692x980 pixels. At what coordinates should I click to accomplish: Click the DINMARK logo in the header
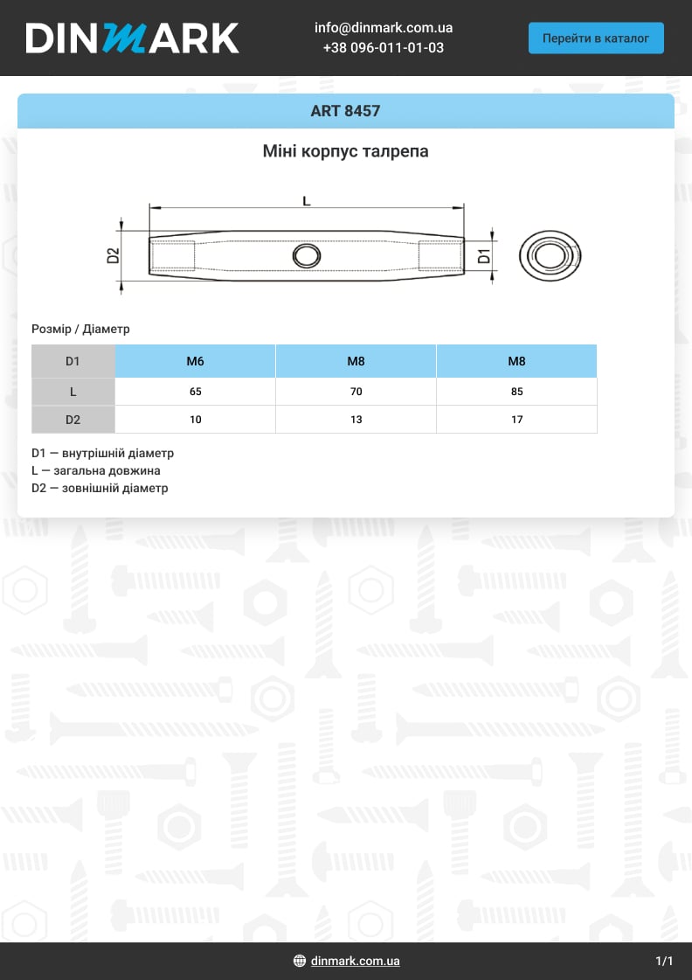[132, 38]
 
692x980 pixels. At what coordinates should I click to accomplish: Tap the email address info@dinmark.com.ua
[383, 28]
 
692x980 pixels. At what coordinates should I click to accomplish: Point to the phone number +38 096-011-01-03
[383, 48]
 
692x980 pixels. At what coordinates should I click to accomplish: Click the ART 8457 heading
[345, 111]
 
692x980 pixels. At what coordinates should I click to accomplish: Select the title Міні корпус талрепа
[345, 151]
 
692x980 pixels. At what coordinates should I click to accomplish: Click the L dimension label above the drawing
[306, 201]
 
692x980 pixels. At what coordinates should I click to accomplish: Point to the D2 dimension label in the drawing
[112, 255]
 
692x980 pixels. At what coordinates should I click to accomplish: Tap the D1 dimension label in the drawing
[485, 255]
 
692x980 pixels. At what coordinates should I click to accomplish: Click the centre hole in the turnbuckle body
[306, 255]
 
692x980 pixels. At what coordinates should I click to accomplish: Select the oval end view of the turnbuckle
[550, 256]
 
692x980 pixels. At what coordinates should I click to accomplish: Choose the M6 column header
[195, 361]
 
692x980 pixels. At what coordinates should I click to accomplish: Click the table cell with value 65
[195, 392]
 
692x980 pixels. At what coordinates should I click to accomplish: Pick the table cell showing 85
[516, 392]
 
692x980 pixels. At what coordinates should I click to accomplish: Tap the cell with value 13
[356, 420]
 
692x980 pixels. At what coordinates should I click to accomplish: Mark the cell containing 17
[516, 420]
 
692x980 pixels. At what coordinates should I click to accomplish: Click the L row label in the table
[73, 392]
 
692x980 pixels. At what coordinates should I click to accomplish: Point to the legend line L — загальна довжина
[95, 471]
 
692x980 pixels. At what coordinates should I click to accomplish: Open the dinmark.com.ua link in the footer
[355, 961]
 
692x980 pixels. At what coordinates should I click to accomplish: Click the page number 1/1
[664, 961]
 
